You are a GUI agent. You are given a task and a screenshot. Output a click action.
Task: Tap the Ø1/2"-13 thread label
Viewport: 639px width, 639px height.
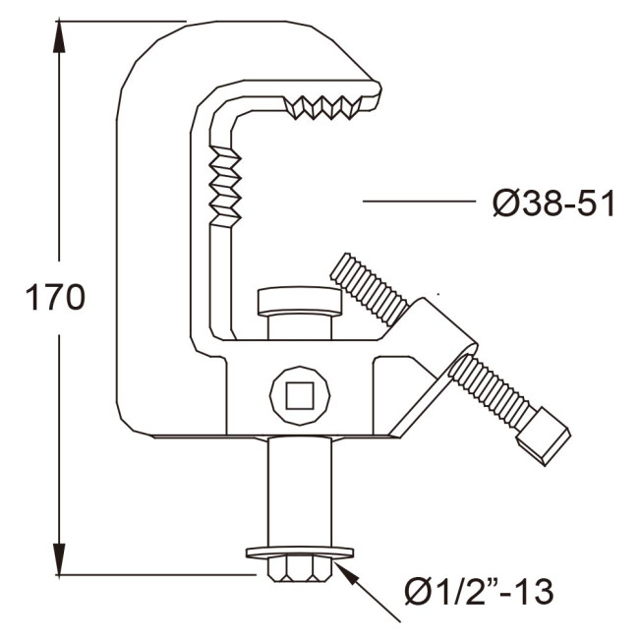tap(479, 591)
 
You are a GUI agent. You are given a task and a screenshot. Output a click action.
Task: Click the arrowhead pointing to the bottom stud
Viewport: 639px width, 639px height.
tap(343, 564)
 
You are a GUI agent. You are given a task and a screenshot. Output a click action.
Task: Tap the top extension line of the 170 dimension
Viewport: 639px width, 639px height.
tap(118, 20)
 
